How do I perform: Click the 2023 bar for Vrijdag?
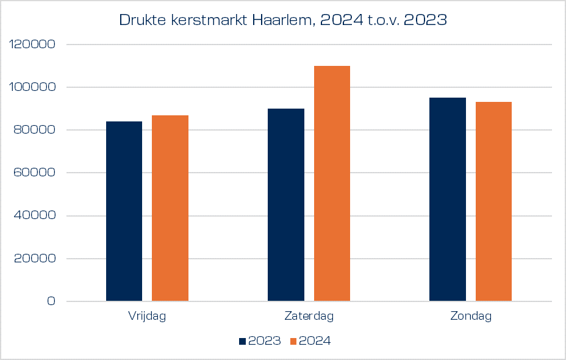124,211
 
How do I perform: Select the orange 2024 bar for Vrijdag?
170,208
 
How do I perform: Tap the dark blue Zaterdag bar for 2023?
285,205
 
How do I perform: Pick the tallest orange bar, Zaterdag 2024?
332,183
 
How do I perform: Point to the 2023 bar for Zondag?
447,200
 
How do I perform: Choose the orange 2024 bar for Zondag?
493,201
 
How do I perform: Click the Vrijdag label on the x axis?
147,316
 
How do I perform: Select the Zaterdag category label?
309,316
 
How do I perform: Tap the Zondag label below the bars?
470,316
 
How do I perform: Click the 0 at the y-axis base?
51,301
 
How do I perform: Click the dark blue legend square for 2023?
242,341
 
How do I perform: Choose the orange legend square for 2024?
292,341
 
